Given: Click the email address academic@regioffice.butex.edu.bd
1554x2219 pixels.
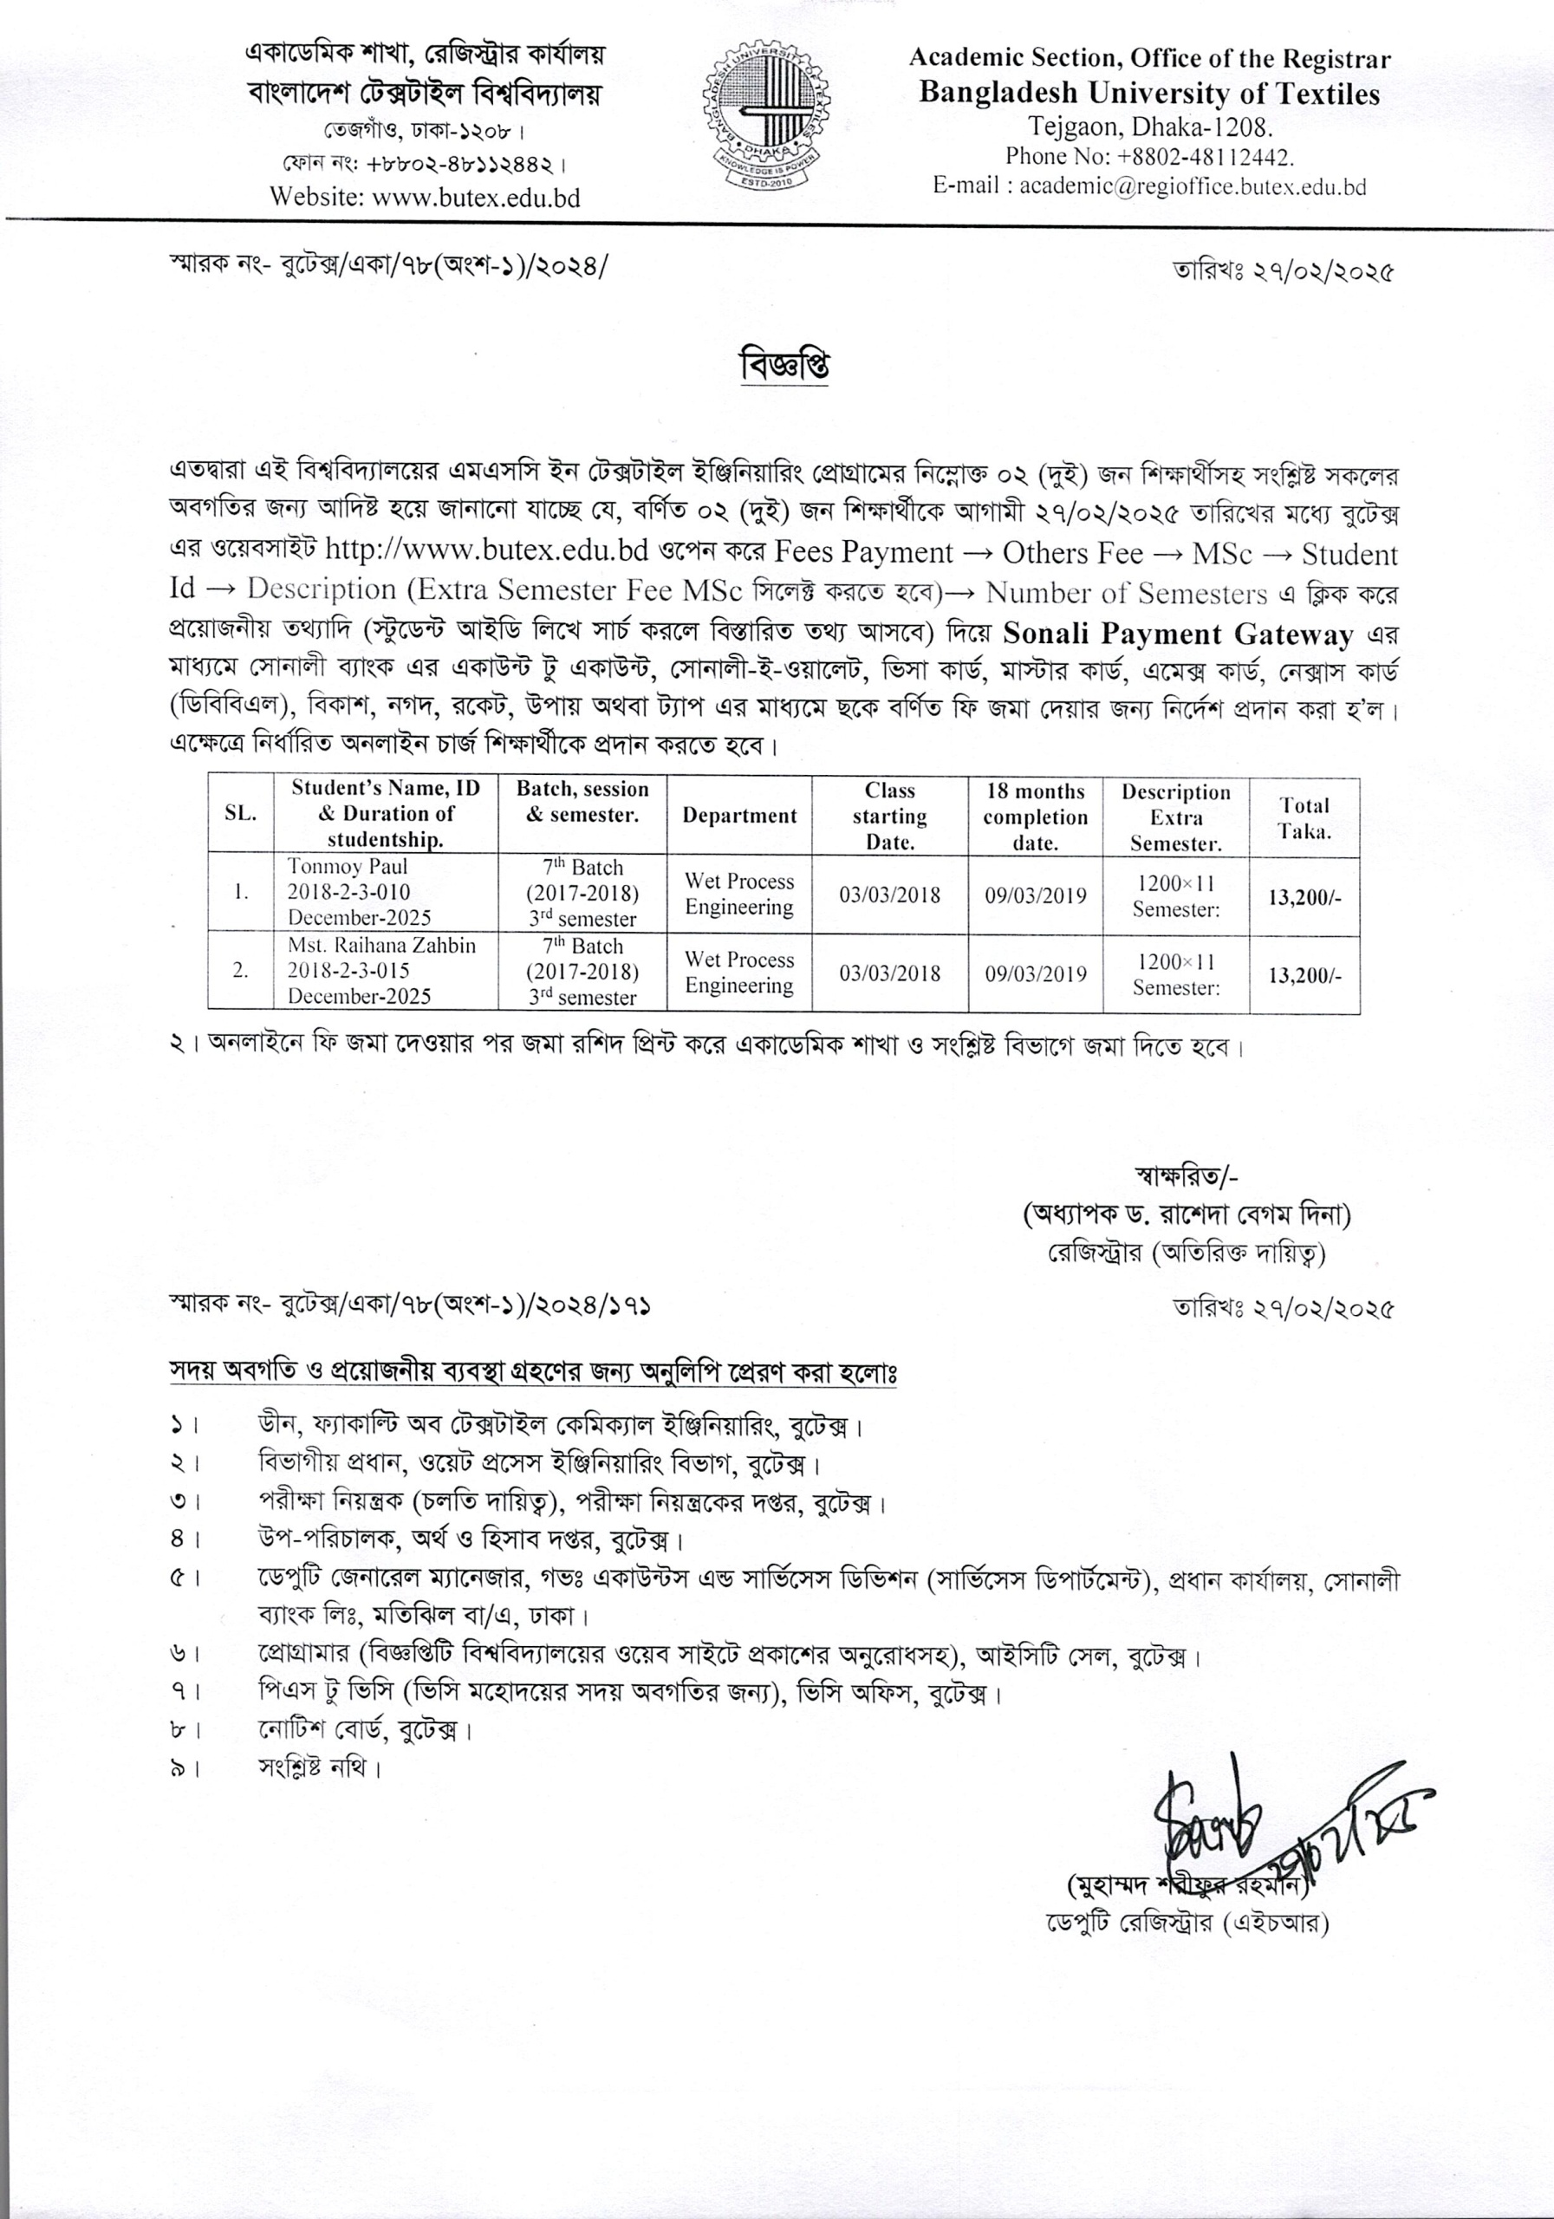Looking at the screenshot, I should coord(1193,186).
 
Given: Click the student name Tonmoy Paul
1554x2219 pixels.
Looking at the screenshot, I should coord(348,867).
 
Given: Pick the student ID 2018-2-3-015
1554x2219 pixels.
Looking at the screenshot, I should coord(348,970).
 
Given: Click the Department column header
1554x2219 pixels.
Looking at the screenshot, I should coord(739,816).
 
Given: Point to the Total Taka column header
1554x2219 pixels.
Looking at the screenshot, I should coord(1304,817).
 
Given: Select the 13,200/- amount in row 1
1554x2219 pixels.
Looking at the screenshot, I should coord(1304,897).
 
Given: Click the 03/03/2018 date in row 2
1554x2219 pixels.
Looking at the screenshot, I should coord(889,973).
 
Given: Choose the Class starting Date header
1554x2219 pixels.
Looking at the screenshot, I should coord(889,817).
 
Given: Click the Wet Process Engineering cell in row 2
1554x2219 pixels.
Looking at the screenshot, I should coord(739,973).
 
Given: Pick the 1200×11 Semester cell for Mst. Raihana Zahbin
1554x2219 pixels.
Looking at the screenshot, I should coord(1176,974).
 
